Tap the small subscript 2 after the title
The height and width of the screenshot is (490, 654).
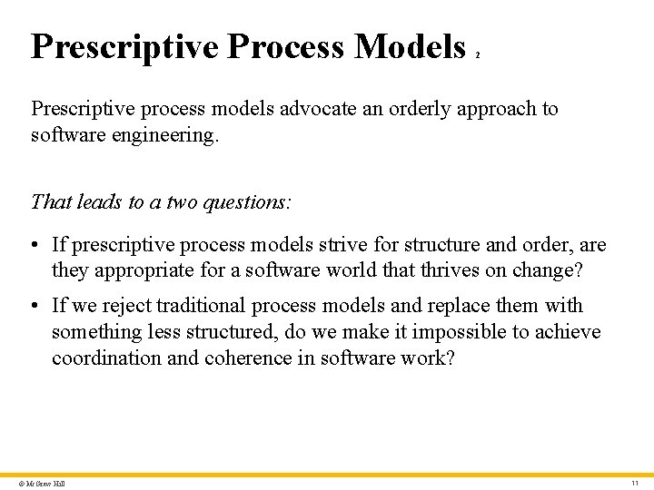478,55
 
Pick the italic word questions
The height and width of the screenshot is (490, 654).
244,201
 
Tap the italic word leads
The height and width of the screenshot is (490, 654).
91,201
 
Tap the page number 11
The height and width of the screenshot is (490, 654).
635,483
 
